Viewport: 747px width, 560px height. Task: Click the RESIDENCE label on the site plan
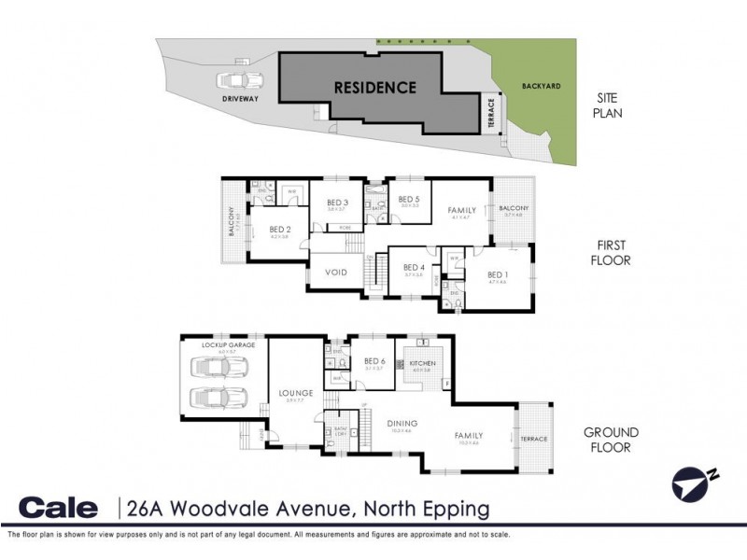click(375, 89)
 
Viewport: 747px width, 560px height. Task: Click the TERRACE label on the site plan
click(491, 115)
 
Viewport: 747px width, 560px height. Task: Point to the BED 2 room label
click(281, 229)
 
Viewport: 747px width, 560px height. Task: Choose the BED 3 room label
click(337, 203)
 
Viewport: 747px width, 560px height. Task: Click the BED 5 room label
click(409, 199)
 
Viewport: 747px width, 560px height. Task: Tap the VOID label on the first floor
click(336, 273)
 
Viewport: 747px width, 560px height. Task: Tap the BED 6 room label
click(375, 361)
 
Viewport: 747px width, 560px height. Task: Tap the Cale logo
click(58, 508)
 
